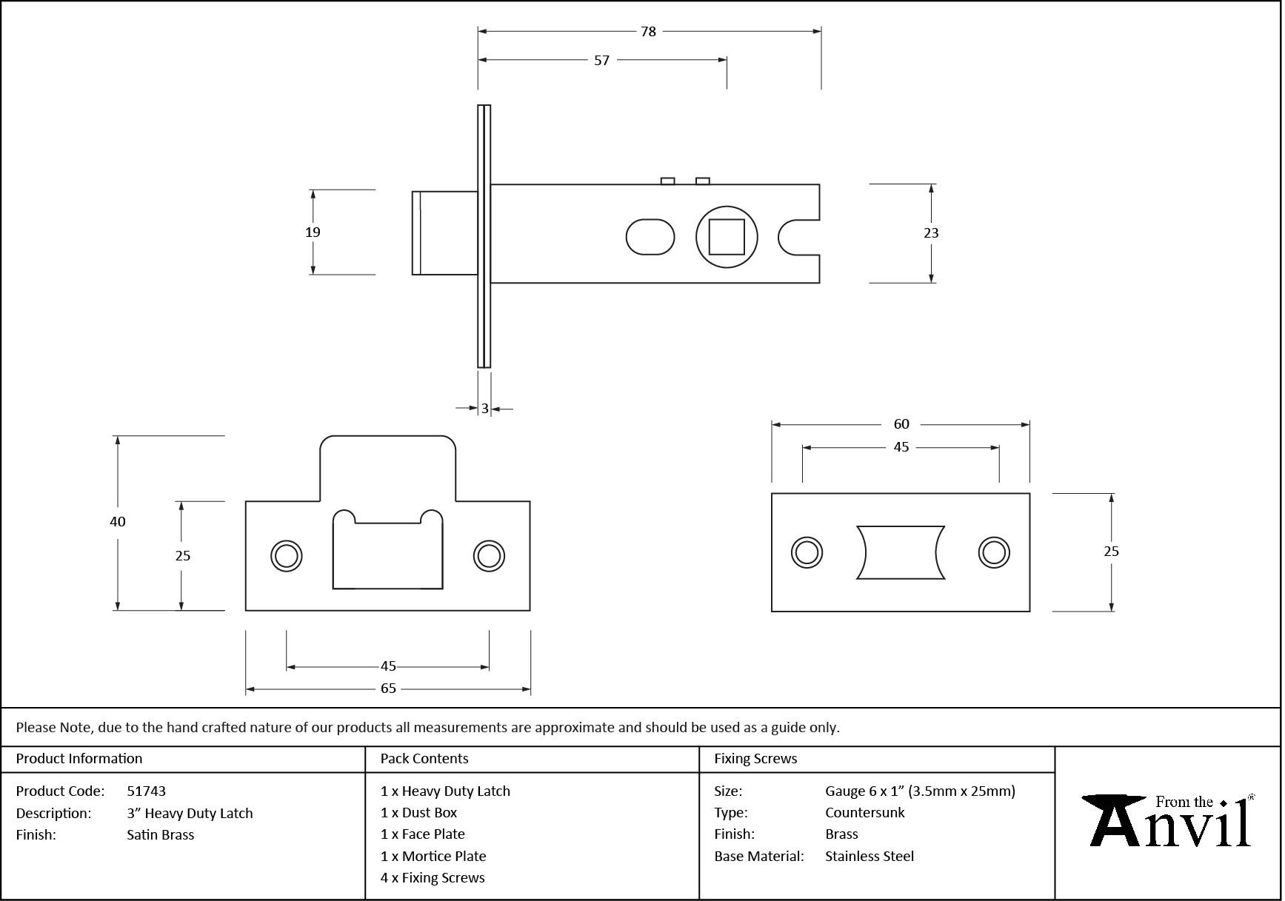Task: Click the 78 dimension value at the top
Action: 648,31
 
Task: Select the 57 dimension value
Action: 601,60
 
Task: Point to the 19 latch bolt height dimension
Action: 313,232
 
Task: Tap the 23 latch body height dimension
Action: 931,232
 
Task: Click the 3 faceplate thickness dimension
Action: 484,408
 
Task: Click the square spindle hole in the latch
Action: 727,237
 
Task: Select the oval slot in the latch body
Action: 650,237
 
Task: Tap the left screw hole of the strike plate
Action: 286,555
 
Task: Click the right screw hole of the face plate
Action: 993,552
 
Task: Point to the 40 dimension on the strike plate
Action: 117,521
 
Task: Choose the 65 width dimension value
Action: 388,689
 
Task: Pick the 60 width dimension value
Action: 901,424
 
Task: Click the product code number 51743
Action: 147,791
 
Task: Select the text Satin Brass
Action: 161,834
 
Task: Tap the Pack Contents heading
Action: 424,758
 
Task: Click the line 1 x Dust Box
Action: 418,812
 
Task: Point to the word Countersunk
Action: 865,812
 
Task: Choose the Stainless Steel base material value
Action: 870,856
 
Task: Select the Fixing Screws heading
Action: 755,758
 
